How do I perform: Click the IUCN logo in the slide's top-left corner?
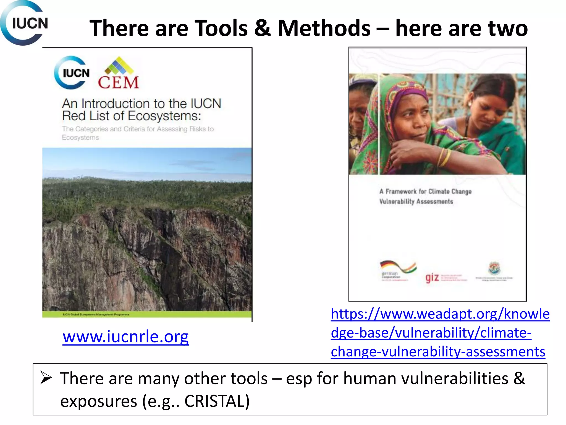tap(24, 23)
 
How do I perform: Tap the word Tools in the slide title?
tap(221, 28)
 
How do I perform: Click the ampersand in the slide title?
tap(262, 28)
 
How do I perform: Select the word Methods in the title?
tap(324, 28)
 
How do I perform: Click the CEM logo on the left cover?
tap(118, 74)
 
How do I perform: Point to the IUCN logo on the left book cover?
tap(72, 73)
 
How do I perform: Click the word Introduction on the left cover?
tap(116, 104)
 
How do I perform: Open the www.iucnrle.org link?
tap(125, 337)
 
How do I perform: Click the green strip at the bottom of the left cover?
tap(147, 314)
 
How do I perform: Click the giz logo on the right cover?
tap(432, 277)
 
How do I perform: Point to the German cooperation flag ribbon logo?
tap(398, 267)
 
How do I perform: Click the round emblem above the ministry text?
tap(494, 268)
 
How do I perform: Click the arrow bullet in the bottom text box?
tap(46, 378)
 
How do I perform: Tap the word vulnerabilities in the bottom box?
tap(455, 379)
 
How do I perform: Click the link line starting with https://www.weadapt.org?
tap(440, 314)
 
